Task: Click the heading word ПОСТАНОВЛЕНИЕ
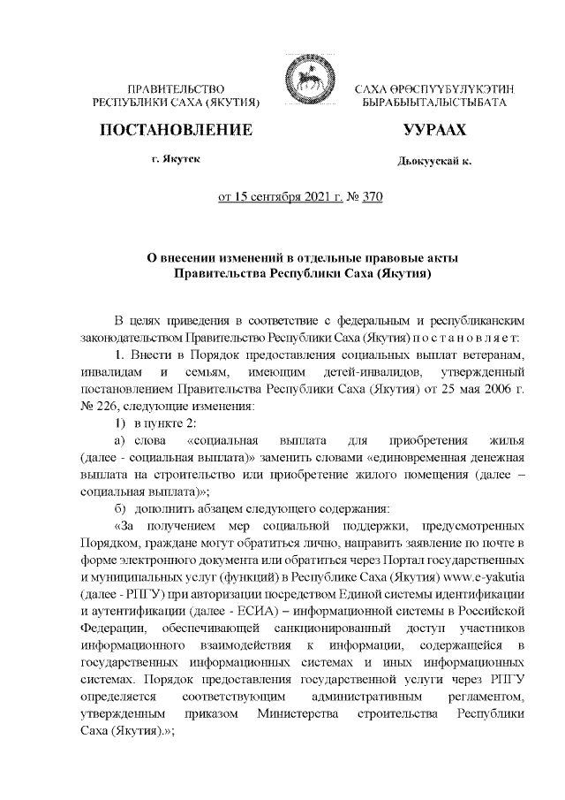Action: coord(177,130)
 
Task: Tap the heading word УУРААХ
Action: coord(433,130)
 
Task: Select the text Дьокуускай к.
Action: coord(434,163)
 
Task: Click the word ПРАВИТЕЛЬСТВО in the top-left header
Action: coord(177,90)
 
